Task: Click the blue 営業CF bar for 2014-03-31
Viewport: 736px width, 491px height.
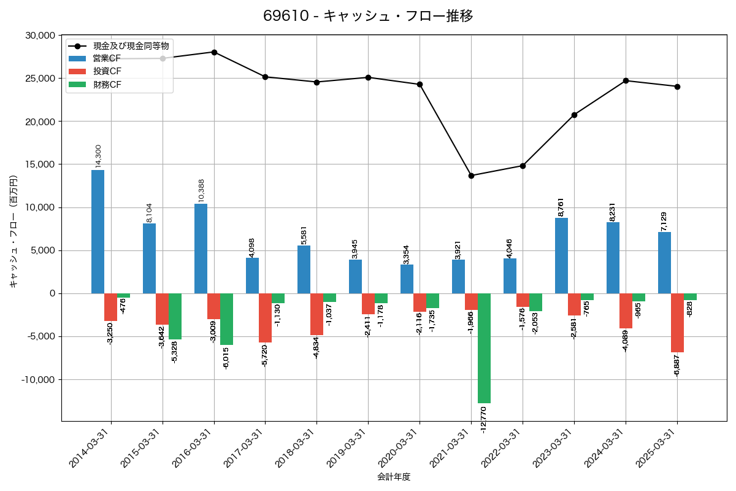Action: pos(98,231)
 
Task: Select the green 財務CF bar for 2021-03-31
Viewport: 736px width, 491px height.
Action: pos(484,348)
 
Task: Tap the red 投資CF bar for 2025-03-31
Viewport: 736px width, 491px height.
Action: pos(677,323)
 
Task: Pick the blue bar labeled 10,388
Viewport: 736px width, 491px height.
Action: pos(201,249)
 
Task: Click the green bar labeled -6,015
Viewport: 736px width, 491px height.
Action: pos(226,319)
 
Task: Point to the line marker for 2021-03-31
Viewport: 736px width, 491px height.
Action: pos(471,176)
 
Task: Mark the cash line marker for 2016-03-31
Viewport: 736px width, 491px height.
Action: pos(214,52)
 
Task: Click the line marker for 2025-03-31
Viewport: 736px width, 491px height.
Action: pos(677,87)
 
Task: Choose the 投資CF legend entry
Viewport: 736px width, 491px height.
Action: pos(107,71)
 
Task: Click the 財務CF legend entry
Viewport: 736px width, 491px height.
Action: pos(107,85)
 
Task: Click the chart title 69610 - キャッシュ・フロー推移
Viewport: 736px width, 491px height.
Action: pos(368,16)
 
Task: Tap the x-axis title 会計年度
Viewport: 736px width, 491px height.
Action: pos(394,477)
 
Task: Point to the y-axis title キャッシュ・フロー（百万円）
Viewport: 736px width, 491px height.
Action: pos(13,232)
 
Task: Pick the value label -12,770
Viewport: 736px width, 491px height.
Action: pos(484,420)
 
